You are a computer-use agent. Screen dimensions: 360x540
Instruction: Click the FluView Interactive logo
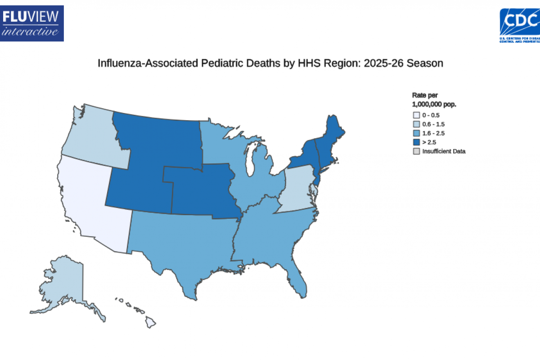pyautogui.click(x=32, y=23)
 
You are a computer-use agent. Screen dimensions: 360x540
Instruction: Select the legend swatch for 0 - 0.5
pyautogui.click(x=416, y=115)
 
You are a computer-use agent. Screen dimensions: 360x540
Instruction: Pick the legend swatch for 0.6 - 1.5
pyautogui.click(x=416, y=124)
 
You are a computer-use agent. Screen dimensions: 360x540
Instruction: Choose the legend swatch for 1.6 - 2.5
pyautogui.click(x=416, y=133)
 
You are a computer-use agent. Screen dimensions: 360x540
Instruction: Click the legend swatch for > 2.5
pyautogui.click(x=416, y=142)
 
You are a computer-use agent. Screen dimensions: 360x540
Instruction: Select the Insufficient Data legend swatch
pyautogui.click(x=416, y=151)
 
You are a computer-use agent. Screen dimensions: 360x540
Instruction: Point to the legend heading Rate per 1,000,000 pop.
pyautogui.click(x=434, y=99)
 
